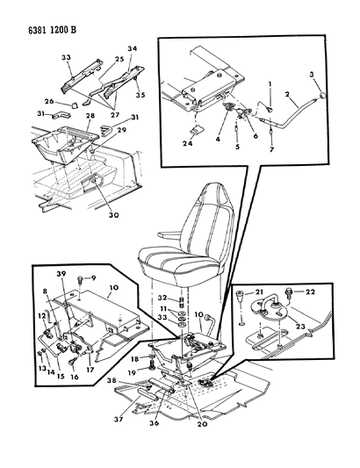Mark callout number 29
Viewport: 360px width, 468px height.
(x=121, y=129)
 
